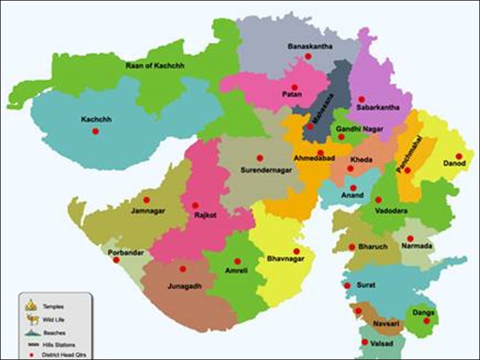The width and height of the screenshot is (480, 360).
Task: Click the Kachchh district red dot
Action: pos(95,131)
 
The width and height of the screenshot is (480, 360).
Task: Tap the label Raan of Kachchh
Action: pos(155,65)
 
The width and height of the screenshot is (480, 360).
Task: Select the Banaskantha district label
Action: pos(309,46)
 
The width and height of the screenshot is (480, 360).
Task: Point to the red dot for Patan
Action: pos(295,87)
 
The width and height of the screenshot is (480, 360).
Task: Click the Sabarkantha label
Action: pos(376,108)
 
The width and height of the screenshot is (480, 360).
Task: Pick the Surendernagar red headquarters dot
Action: pos(260,158)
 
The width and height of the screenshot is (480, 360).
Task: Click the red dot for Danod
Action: pos(458,156)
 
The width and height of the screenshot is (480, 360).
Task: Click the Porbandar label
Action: pos(126,252)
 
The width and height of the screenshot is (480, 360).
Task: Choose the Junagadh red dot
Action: pos(183,269)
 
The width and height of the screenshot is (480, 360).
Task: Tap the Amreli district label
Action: pos(236,271)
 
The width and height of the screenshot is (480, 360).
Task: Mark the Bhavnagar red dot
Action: pos(296,251)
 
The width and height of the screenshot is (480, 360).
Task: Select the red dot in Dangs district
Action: pos(427,321)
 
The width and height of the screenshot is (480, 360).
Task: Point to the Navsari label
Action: pos(375,322)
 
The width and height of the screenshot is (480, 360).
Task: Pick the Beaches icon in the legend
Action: pos(31,332)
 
